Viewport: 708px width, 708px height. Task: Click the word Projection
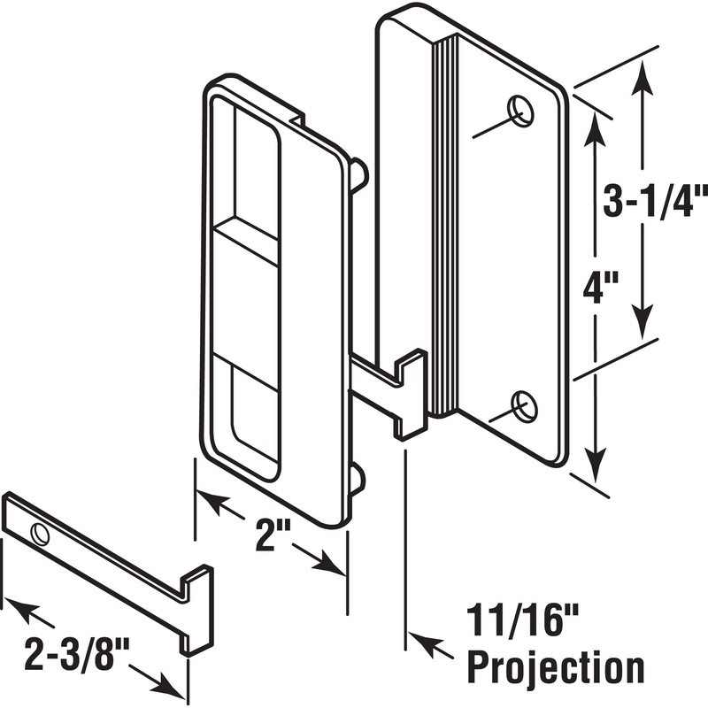pyautogui.click(x=555, y=665)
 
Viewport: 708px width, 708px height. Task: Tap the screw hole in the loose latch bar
pyautogui.click(x=40, y=533)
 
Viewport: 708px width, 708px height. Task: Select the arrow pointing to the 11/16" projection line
pyautogui.click(x=425, y=643)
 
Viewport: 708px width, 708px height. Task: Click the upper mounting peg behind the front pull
pyautogui.click(x=358, y=173)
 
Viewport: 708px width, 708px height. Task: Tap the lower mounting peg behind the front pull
pyautogui.click(x=356, y=479)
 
